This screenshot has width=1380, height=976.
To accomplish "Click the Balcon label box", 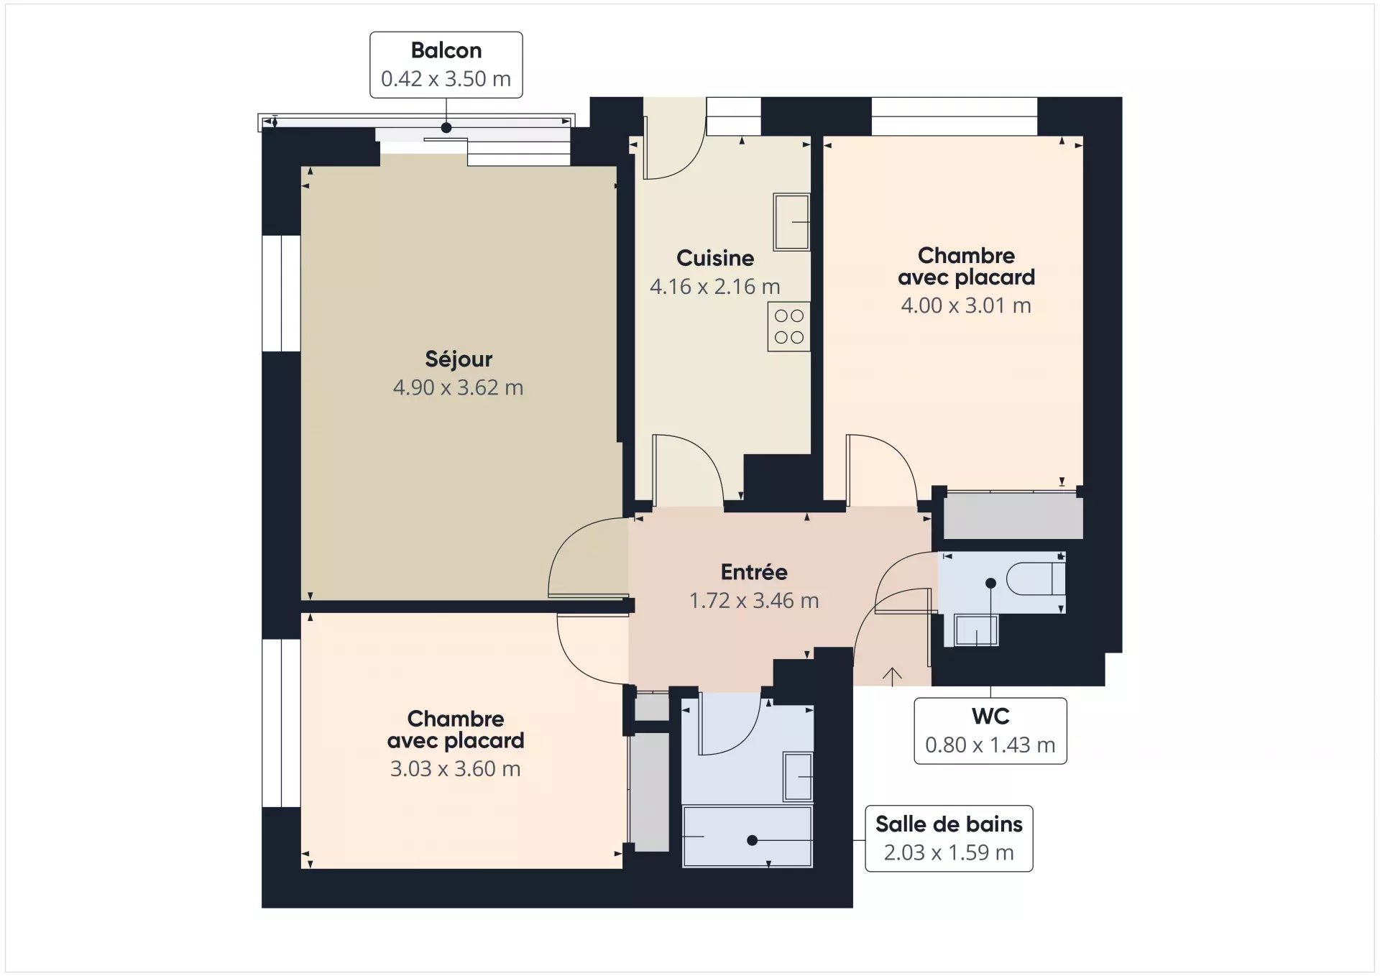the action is click(x=446, y=65).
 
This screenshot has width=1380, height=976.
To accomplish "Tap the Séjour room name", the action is click(x=459, y=359).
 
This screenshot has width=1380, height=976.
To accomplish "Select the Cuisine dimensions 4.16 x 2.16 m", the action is click(x=715, y=287).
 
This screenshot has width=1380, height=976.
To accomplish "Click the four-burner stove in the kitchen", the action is click(x=788, y=326).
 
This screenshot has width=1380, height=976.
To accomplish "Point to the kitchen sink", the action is click(x=791, y=221).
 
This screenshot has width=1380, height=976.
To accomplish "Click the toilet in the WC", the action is click(x=1036, y=579).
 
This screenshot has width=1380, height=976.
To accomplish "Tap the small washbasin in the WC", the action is click(x=976, y=630).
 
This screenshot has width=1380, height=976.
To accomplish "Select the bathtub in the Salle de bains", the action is click(x=747, y=837).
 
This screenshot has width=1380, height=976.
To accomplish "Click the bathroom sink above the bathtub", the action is click(x=798, y=776).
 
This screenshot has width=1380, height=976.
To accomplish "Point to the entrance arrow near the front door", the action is click(x=892, y=676).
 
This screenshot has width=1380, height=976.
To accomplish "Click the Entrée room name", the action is click(x=754, y=572).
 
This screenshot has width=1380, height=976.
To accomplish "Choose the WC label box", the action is click(x=990, y=731).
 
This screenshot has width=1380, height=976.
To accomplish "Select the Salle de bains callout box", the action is click(x=949, y=839).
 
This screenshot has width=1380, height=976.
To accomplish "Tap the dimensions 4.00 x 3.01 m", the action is click(x=966, y=305).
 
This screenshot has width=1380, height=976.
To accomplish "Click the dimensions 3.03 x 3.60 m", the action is click(x=455, y=769).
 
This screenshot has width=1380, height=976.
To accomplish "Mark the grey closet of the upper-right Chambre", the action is click(x=1013, y=515).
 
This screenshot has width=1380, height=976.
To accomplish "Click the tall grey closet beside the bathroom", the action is click(x=650, y=792).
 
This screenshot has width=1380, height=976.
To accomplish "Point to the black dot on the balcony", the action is click(x=446, y=128).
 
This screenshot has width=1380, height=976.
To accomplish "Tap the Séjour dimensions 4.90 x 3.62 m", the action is click(x=458, y=388).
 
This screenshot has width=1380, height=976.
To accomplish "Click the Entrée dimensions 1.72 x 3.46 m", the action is click(x=754, y=601).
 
